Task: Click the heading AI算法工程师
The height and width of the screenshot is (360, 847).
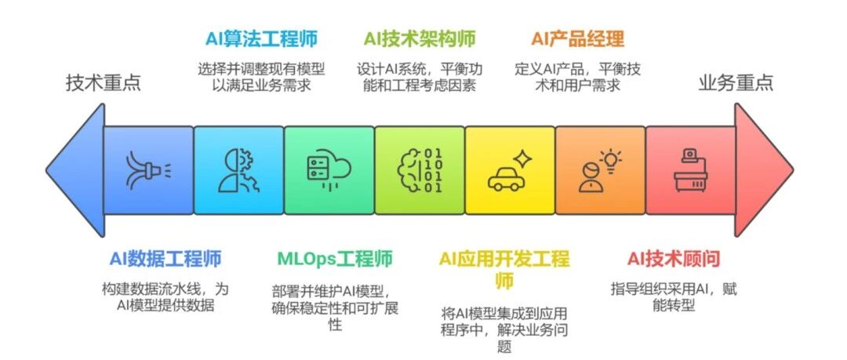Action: [x=261, y=38]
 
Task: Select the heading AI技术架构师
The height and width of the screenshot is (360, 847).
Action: [x=420, y=38]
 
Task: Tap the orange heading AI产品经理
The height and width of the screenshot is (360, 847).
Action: [x=578, y=38]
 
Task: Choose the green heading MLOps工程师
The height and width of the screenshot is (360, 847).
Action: [x=334, y=258]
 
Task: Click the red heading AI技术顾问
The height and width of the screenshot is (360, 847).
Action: [x=674, y=258]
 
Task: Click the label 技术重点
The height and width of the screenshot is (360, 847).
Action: [x=103, y=82]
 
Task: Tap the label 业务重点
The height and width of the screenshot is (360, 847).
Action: [x=736, y=82]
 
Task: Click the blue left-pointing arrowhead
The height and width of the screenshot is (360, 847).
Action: [x=75, y=171]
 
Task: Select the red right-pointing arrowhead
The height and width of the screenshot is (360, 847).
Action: [x=763, y=171]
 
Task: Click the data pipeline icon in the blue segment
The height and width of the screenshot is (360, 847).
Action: [x=148, y=171]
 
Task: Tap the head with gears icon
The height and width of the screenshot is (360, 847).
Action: [x=238, y=171]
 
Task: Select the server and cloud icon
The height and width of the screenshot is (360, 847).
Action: [x=329, y=171]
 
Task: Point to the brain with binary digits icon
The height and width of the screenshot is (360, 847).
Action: [x=420, y=171]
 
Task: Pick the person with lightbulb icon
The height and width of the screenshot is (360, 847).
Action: [x=600, y=171]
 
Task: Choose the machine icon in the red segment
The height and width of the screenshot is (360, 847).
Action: [x=690, y=171]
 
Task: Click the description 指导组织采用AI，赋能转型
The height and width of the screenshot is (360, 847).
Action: [x=674, y=296]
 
